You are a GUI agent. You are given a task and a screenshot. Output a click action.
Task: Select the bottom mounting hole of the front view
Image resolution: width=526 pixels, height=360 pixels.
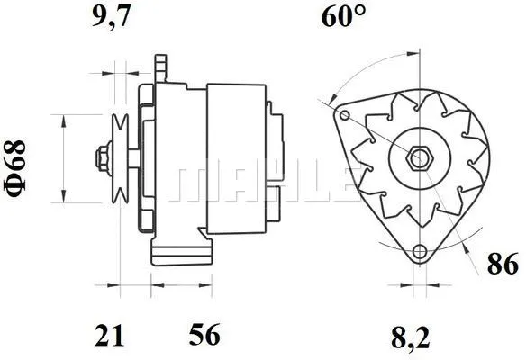418,253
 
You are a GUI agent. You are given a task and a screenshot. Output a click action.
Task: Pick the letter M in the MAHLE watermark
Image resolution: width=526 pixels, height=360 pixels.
193,183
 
